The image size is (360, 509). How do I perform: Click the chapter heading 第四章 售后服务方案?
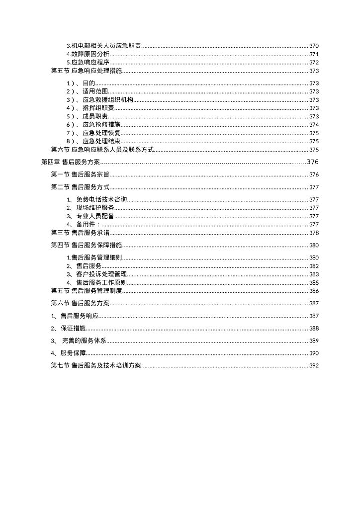coord(70,162)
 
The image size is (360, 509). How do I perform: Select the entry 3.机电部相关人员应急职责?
coord(104,46)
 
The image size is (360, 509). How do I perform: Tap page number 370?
coord(314,46)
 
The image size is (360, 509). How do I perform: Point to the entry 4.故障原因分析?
coord(88,54)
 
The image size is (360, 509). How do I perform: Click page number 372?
coord(314,63)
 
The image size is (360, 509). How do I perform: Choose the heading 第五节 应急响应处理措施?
coord(87,71)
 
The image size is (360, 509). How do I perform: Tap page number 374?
coord(314,125)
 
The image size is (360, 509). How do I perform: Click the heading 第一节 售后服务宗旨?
coord(80,175)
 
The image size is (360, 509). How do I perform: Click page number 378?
coord(314,233)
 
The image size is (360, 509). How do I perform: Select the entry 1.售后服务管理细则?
coord(94,258)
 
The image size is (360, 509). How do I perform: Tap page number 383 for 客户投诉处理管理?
coord(314,274)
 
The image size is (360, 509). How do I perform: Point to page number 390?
coord(314,353)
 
